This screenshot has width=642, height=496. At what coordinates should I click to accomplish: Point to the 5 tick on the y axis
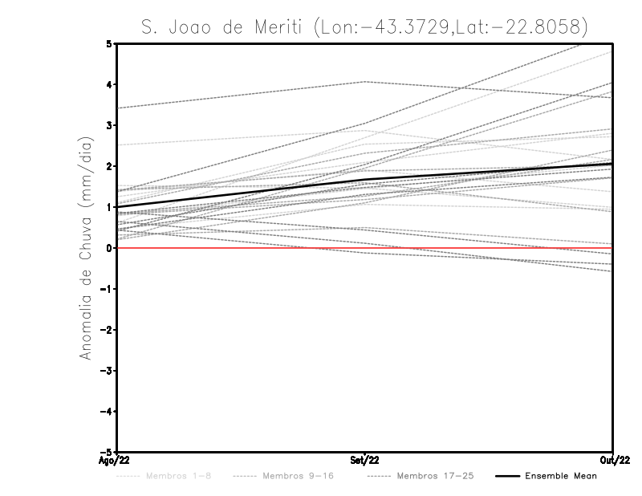coord(109,44)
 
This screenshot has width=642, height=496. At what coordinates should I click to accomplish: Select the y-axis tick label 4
coord(109,85)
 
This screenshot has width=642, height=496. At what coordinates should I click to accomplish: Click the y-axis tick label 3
coord(109,126)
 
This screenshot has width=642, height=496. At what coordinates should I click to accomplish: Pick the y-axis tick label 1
coord(109,207)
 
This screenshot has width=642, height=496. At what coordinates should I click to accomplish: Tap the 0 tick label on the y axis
coord(109,248)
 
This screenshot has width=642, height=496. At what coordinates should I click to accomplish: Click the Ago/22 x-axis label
coord(114,461)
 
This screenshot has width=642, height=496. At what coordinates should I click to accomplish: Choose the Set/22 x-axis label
coord(364,461)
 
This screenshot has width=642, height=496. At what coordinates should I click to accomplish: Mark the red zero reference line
coord(241,248)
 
